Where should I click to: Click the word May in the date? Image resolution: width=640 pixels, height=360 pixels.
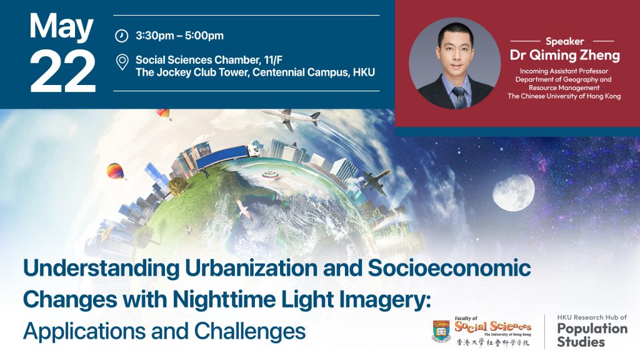61,27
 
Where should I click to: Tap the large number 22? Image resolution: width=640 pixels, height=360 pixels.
63,72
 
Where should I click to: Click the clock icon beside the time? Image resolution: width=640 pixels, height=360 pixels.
121,36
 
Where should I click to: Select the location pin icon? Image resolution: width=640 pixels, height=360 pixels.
122,62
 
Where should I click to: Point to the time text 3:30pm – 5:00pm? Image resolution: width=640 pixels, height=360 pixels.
179,36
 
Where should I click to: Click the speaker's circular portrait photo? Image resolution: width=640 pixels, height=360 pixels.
455,63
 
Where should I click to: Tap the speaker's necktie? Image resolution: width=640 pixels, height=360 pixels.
459,97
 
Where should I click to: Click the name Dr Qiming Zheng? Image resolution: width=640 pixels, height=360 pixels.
565,55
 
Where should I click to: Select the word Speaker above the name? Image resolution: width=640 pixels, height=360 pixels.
564,41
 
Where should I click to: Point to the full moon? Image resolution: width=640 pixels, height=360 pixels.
513,192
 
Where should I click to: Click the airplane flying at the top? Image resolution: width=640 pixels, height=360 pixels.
291,118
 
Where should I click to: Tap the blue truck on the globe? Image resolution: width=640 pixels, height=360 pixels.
227,157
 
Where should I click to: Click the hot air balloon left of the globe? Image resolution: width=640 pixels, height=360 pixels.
116,171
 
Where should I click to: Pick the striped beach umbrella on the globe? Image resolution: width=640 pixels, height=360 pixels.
270,175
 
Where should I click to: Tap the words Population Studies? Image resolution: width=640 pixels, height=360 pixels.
592,335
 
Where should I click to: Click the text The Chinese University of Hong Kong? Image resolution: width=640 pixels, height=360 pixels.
564,96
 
